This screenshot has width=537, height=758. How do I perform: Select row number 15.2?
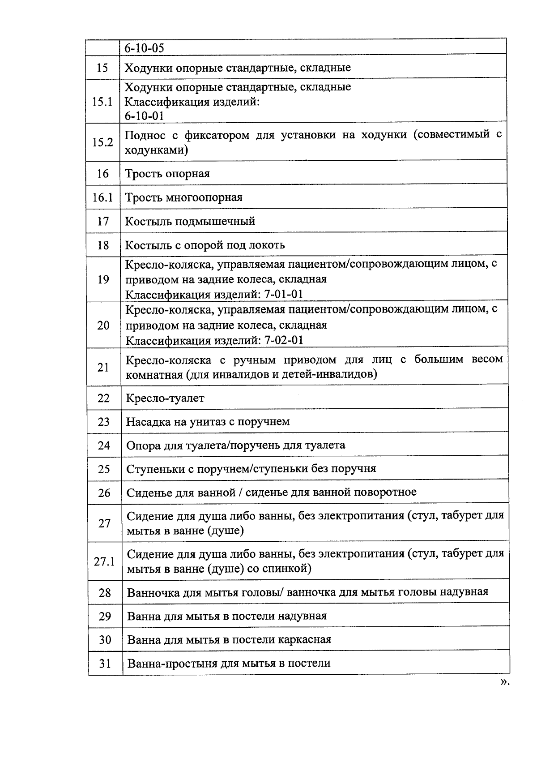click(102, 142)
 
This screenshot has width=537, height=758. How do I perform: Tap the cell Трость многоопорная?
click(183, 197)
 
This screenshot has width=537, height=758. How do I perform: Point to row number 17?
click(103, 221)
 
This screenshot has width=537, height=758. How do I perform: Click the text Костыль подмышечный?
click(190, 221)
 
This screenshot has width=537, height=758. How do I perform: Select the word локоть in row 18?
click(267, 245)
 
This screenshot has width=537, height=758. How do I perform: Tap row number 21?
click(103, 367)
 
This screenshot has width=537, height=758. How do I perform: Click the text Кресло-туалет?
click(165, 398)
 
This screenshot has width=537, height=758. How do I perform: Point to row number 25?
click(104, 469)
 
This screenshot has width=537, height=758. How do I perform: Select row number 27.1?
click(104, 561)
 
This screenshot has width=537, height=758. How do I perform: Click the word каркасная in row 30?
click(304, 640)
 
